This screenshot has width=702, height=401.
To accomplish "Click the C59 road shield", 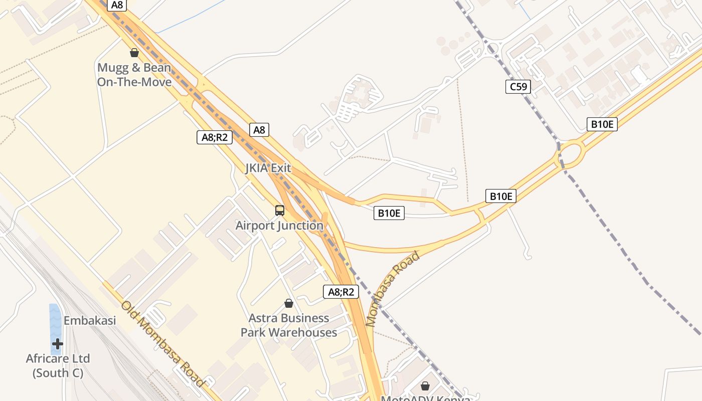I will click(518, 87).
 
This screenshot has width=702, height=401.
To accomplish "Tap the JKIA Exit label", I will click(268, 168).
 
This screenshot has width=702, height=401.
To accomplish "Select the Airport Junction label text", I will click(279, 226).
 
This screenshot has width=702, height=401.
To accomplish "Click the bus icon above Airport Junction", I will click(280, 211).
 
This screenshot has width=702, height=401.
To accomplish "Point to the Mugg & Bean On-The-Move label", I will click(134, 75).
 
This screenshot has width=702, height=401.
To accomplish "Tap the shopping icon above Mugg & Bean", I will click(134, 53).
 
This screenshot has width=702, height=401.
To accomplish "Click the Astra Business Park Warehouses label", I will click(289, 325).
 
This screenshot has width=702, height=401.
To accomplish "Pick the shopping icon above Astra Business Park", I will click(289, 303).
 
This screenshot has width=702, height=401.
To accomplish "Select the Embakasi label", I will click(90, 320).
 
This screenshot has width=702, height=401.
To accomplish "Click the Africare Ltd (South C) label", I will click(58, 365).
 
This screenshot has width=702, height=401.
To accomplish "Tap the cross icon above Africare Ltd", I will click(58, 344).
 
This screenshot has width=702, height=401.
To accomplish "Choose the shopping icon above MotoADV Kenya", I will click(425, 385).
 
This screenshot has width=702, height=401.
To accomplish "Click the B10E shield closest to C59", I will click(602, 124).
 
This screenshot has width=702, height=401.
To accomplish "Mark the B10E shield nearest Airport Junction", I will click(389, 213).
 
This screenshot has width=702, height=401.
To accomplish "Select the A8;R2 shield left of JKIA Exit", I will click(215, 137).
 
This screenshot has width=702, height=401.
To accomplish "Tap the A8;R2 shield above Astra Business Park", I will click(341, 292).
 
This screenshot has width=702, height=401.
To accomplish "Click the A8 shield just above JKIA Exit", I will click(259, 130).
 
